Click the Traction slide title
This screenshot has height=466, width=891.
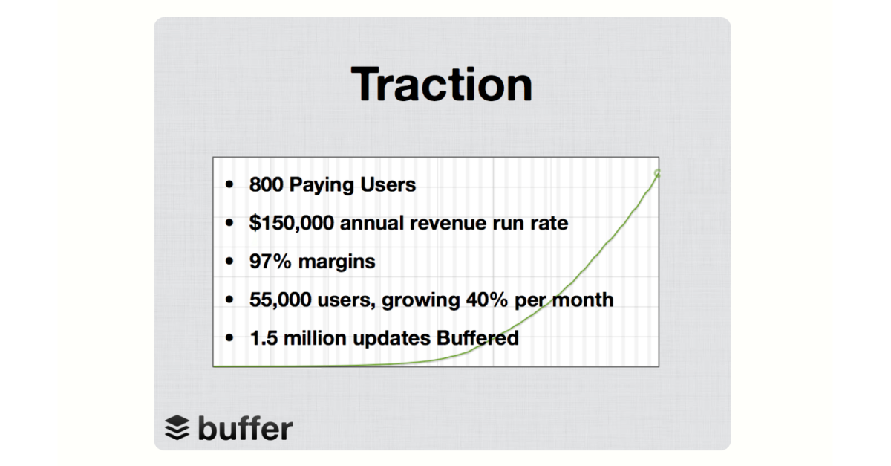click(x=442, y=85)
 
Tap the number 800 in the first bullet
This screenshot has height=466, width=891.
click(x=266, y=184)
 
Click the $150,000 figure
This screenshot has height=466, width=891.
click(x=292, y=223)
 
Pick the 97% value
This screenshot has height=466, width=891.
click(x=270, y=262)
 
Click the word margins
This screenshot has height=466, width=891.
click(x=336, y=262)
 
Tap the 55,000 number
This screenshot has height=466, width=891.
click(x=280, y=300)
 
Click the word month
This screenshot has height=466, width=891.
click(x=583, y=300)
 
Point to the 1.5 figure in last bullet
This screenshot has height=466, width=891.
click(x=264, y=338)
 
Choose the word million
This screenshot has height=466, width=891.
click(x=315, y=338)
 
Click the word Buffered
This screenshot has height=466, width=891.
click(x=477, y=337)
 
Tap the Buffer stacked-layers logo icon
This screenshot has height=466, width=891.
click(x=177, y=427)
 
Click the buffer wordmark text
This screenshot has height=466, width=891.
click(x=246, y=428)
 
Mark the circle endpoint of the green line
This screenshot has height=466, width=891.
click(x=657, y=172)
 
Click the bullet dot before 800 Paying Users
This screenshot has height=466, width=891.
click(x=229, y=184)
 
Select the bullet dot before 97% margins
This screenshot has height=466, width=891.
click(x=229, y=262)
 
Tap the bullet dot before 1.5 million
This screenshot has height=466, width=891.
click(x=229, y=338)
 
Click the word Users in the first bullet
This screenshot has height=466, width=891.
click(x=388, y=184)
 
